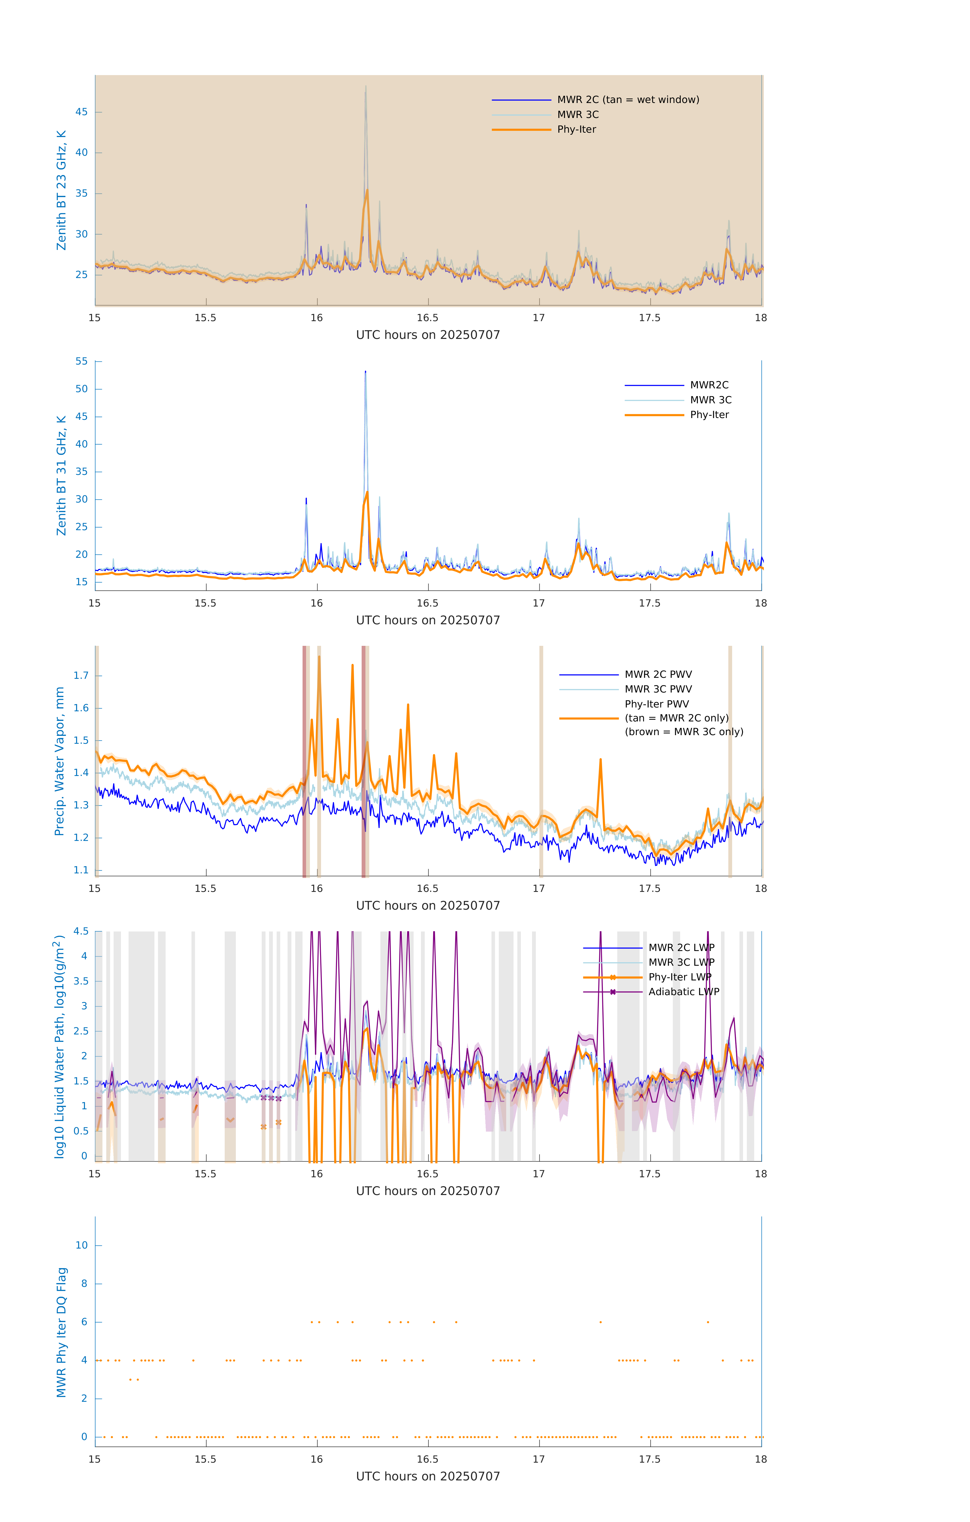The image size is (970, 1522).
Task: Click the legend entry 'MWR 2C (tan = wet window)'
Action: pyautogui.click(x=627, y=100)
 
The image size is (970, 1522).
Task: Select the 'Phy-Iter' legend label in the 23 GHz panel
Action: pyautogui.click(x=576, y=130)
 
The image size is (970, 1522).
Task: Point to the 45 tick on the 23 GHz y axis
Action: pyautogui.click(x=81, y=112)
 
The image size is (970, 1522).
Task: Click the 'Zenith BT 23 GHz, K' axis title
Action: pyautogui.click(x=61, y=190)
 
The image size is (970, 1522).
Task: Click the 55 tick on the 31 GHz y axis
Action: pyautogui.click(x=81, y=361)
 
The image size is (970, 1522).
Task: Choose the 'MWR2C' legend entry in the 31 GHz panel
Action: pyautogui.click(x=709, y=385)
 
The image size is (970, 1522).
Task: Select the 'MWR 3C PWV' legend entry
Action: pyautogui.click(x=658, y=689)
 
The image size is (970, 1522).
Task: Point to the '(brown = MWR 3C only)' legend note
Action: pyautogui.click(x=684, y=732)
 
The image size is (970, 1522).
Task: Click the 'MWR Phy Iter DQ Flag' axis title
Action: pyautogui.click(x=61, y=1332)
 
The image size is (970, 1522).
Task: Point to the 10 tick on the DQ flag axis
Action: pyautogui.click(x=81, y=1245)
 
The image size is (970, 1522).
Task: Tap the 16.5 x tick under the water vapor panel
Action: pyautogui.click(x=427, y=889)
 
